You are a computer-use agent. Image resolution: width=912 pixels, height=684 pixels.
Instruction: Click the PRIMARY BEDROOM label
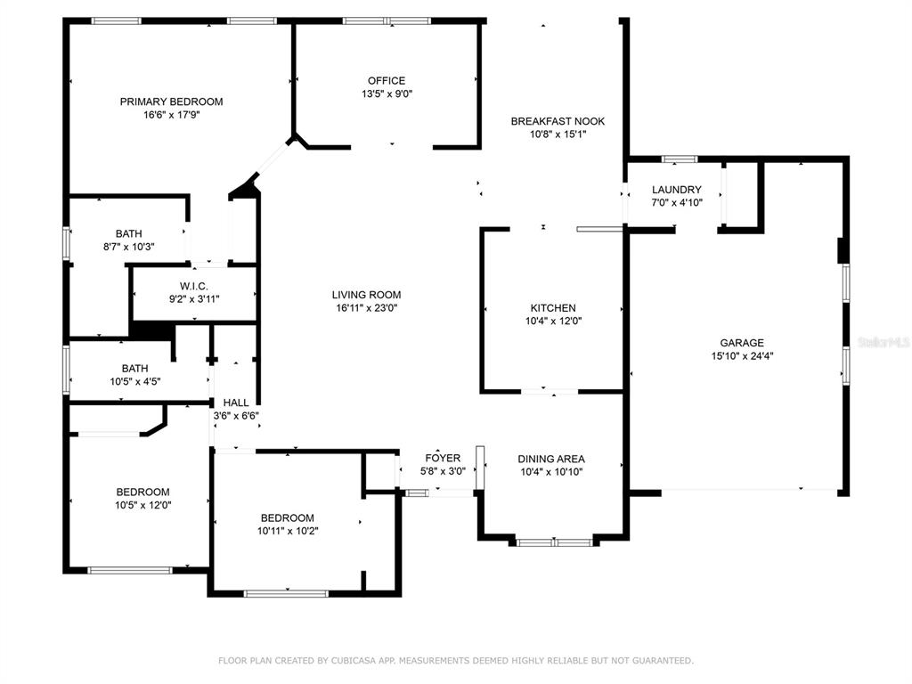coord(171,102)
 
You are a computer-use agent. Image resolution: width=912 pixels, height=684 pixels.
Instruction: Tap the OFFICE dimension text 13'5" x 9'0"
coord(387,94)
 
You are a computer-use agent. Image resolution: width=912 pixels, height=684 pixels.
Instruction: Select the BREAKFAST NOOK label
coord(558,121)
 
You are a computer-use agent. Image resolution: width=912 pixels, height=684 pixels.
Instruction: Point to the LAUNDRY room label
coord(677,190)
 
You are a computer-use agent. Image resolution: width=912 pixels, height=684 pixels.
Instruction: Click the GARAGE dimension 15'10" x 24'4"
coord(742,356)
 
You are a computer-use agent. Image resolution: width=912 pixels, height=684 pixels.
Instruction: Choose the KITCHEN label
coord(553,307)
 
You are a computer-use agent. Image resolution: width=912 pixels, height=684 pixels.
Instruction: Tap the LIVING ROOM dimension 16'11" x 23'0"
coord(366,308)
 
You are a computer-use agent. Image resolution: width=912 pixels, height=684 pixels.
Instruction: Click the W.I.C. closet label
coord(193,286)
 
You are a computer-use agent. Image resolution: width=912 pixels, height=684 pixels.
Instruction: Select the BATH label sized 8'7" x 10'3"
coord(128,234)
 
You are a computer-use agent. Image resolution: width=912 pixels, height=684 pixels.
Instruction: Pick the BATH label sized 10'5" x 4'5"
coord(135,369)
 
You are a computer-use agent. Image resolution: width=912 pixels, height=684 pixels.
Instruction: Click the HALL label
coord(236,403)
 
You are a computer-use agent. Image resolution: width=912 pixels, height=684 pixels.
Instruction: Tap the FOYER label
coord(443,459)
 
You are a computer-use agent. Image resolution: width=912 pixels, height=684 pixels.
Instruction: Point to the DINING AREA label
coord(551,459)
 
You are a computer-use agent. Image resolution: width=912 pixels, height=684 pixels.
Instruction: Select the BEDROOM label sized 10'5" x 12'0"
coord(143,492)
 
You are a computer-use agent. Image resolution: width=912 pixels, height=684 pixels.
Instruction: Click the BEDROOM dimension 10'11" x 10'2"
coord(288,531)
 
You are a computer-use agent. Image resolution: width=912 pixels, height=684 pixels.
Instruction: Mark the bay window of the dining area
coord(554,542)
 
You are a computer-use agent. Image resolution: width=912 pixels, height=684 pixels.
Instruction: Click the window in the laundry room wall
coord(680,159)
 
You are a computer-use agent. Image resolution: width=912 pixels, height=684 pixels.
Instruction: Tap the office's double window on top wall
coord(387,21)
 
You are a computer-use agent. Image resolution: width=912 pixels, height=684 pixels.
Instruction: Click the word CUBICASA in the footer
coord(355,661)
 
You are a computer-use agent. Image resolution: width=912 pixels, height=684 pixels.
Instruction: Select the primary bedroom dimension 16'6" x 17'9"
coord(172,115)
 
